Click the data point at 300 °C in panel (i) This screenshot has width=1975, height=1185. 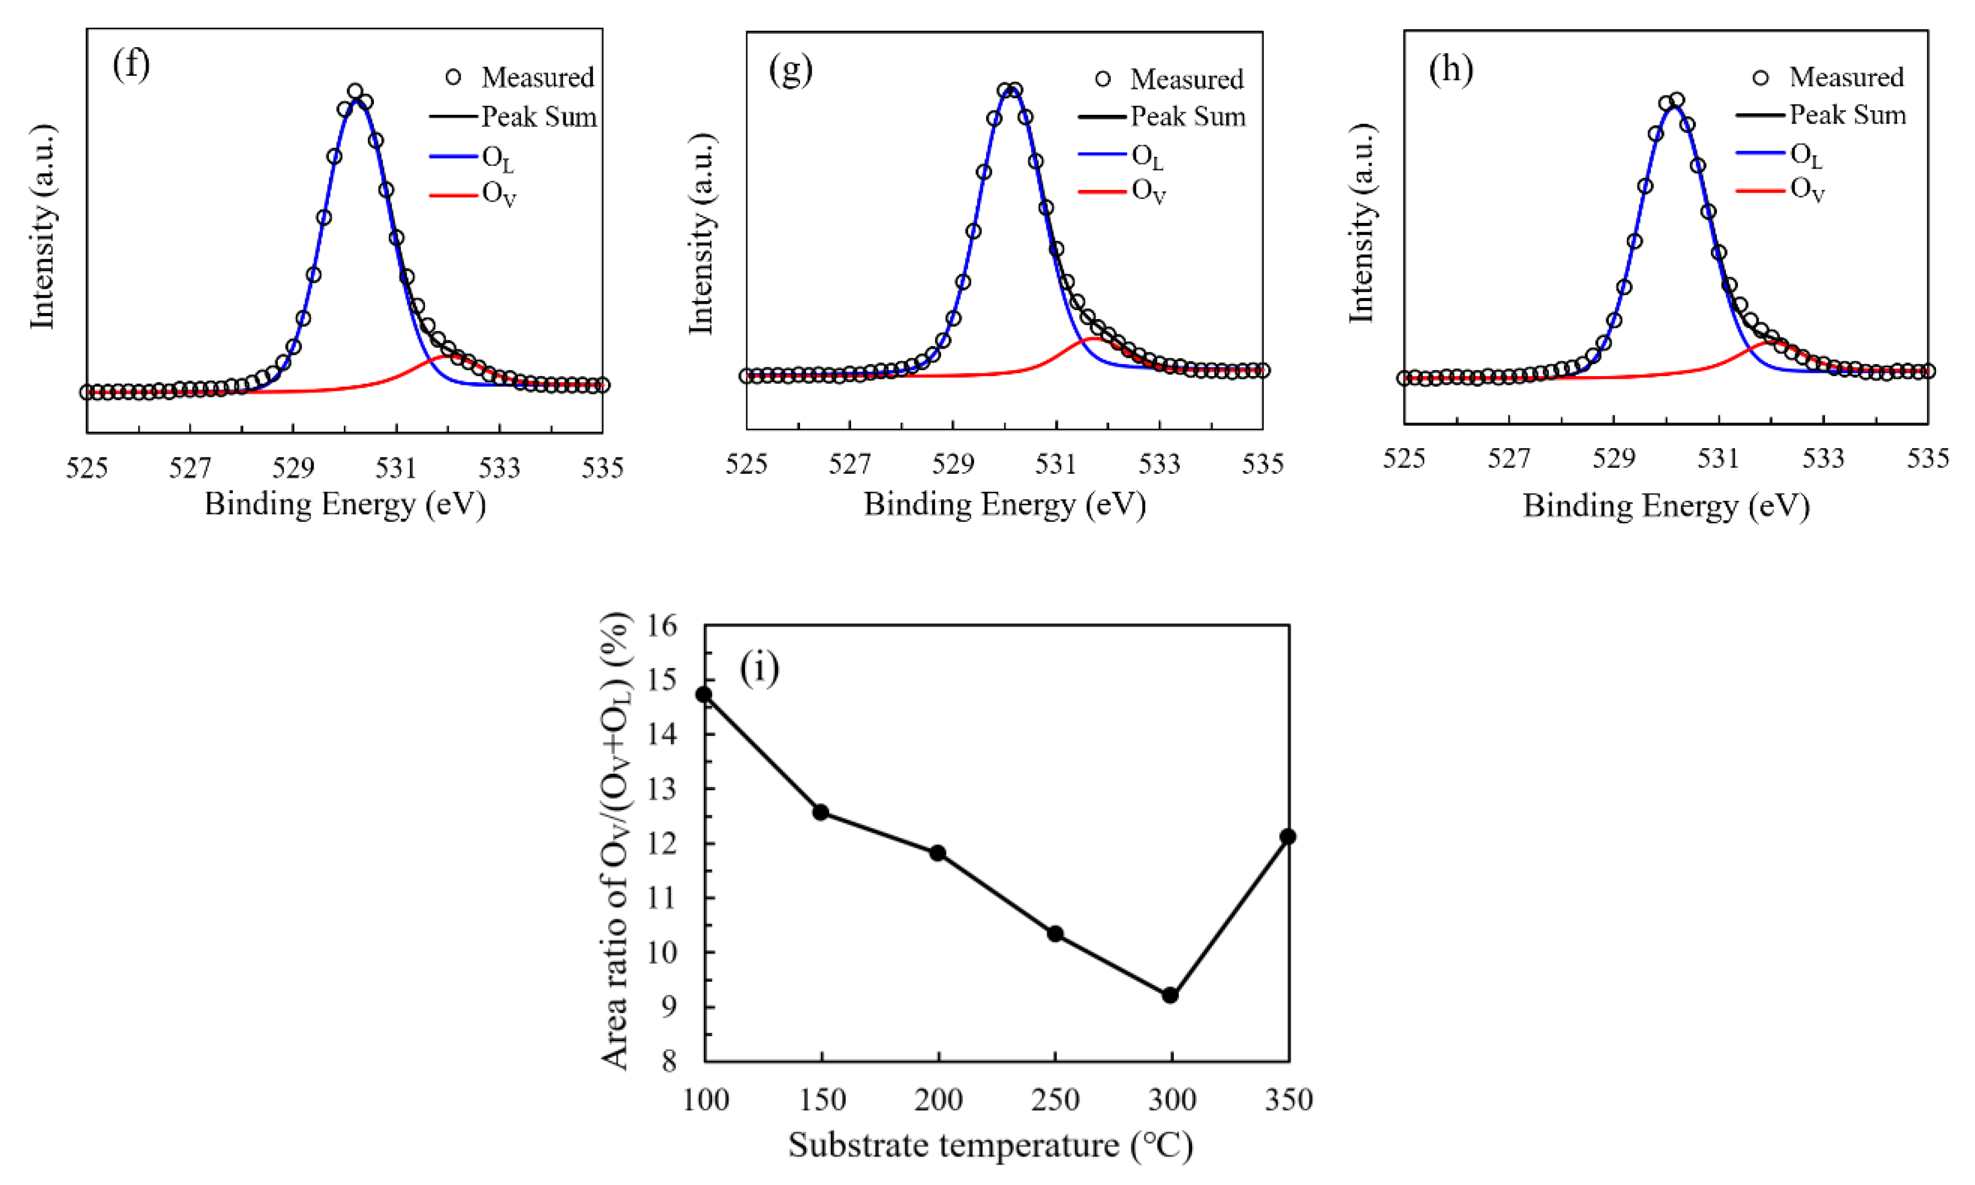click(x=1170, y=995)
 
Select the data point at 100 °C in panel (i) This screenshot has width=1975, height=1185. click(x=704, y=694)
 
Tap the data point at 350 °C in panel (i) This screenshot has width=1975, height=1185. click(x=1288, y=836)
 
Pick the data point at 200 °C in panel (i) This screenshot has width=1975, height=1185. click(x=938, y=853)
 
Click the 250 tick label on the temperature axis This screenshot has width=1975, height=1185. click(x=1055, y=1100)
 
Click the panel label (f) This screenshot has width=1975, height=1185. click(x=131, y=64)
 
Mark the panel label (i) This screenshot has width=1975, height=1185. click(x=759, y=668)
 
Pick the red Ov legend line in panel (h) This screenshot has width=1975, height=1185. click(x=1760, y=190)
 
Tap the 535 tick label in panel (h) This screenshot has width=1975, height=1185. click(x=1927, y=459)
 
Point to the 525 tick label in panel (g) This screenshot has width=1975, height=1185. click(x=747, y=464)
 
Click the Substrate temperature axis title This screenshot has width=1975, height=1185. click(x=990, y=1145)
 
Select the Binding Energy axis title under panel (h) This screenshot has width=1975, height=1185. click(x=1666, y=505)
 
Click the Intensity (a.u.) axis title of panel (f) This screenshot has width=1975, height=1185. click(x=42, y=227)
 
